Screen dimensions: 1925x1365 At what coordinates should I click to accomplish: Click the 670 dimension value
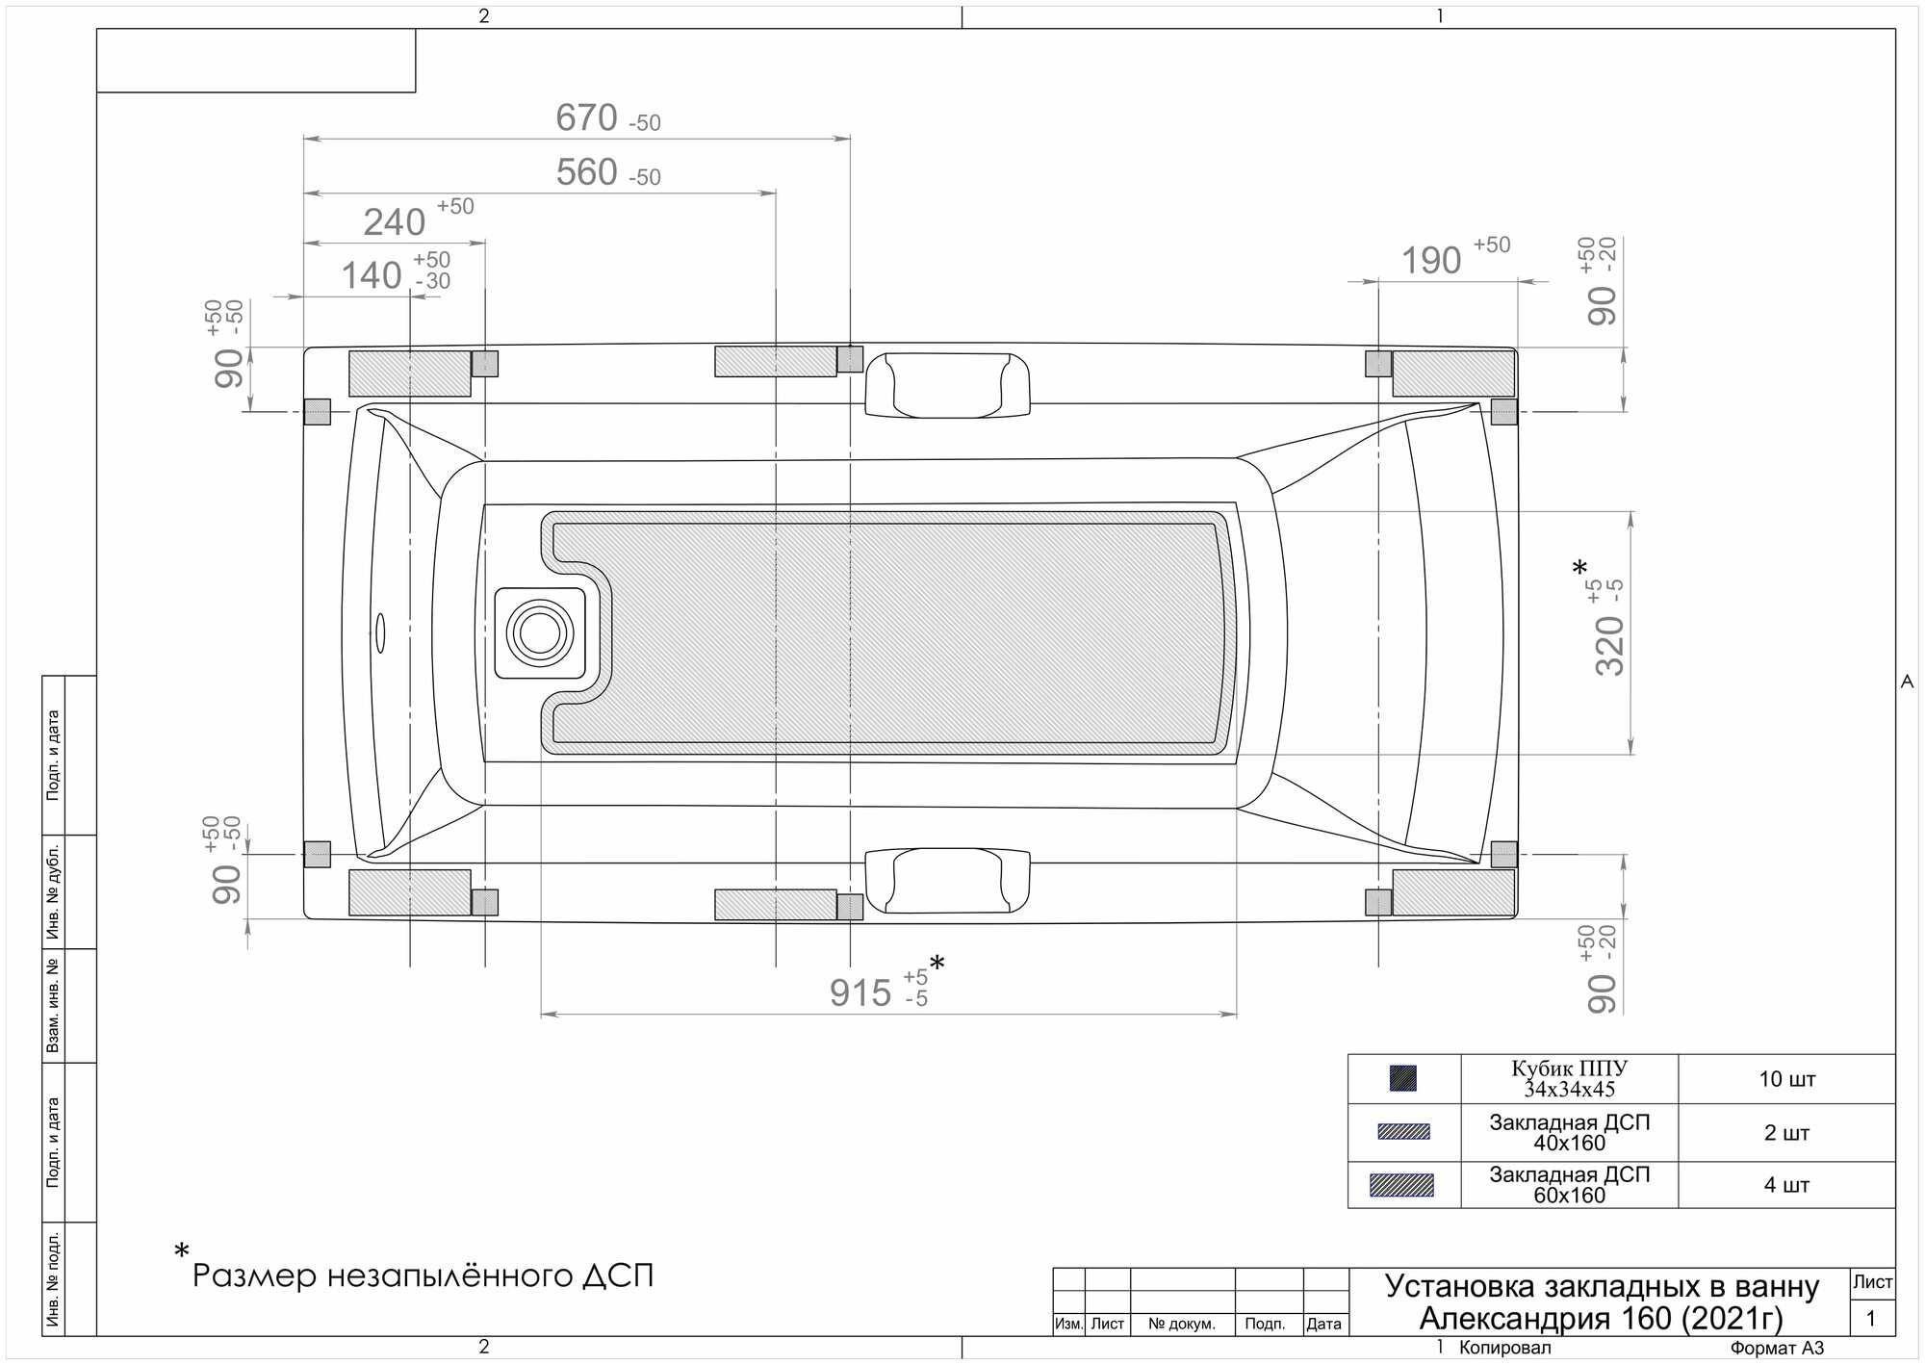click(586, 118)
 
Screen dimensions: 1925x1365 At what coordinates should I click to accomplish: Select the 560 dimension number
click(586, 172)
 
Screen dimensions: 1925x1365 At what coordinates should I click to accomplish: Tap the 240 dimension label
click(394, 222)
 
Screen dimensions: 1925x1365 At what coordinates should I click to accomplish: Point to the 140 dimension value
click(372, 276)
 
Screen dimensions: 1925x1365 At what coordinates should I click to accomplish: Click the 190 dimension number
click(1431, 261)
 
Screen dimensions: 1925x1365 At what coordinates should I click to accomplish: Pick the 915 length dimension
click(860, 992)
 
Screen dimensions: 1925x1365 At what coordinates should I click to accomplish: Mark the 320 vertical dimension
click(1610, 645)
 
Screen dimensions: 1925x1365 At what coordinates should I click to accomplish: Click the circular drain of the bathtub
click(540, 632)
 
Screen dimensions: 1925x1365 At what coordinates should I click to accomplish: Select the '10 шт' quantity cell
click(1786, 1079)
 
